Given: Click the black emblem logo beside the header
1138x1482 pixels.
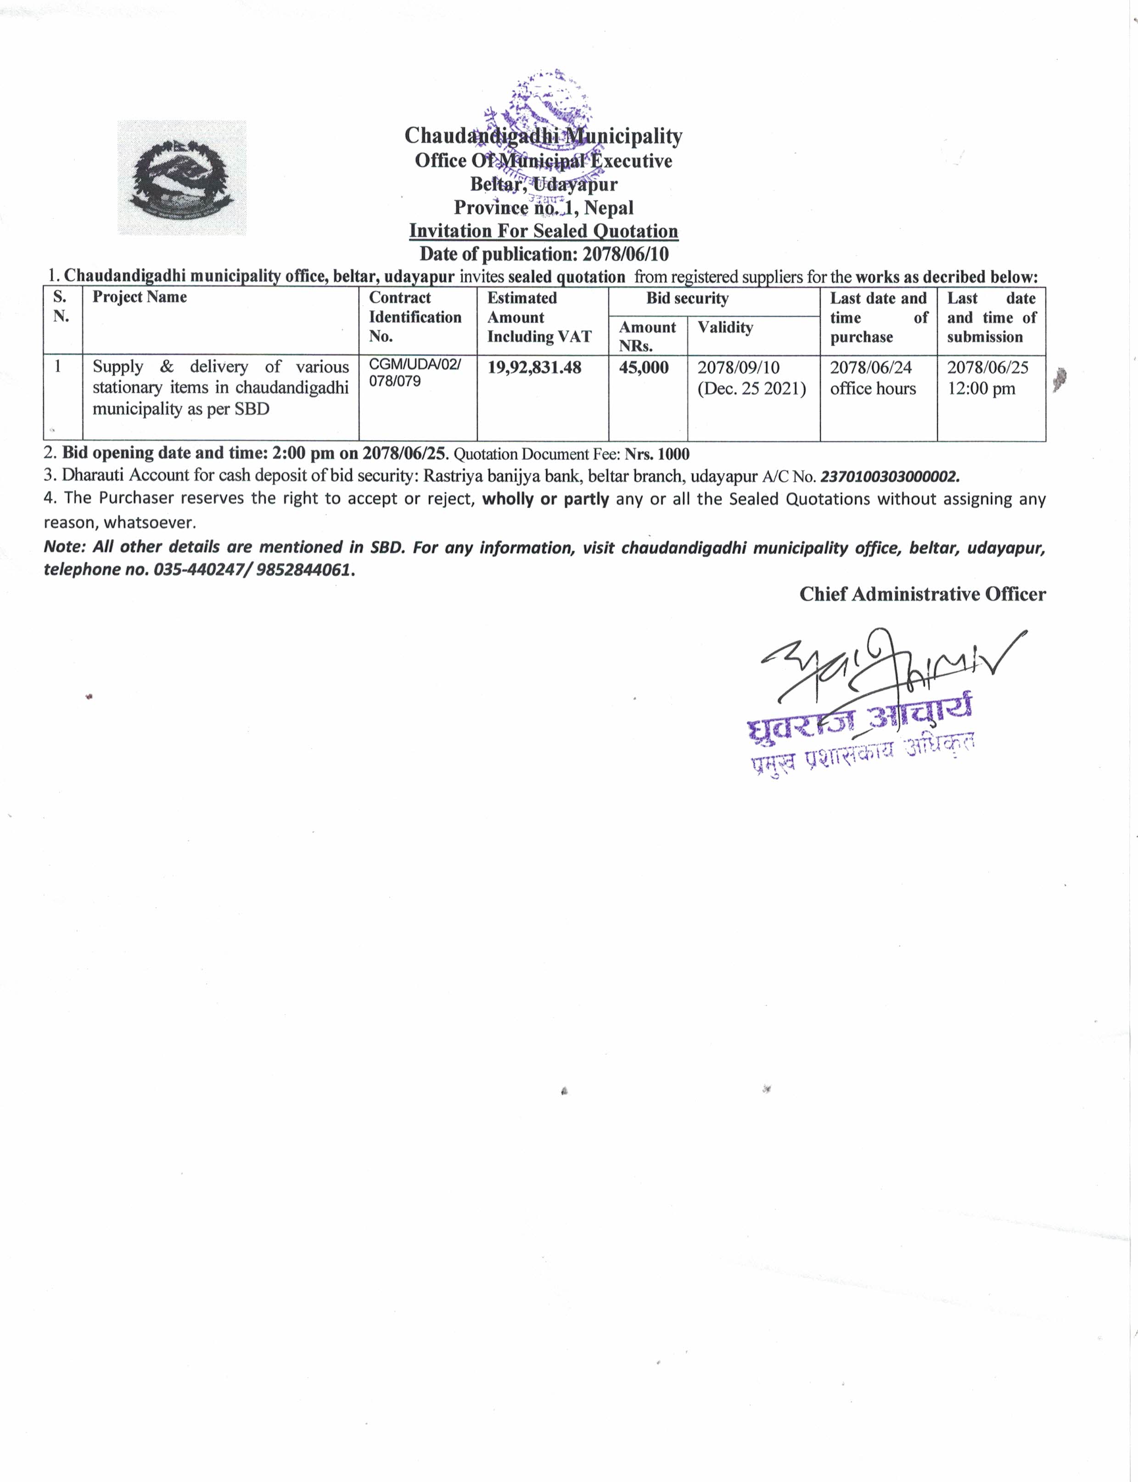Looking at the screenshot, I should point(181,178).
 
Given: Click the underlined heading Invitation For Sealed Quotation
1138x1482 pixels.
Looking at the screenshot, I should point(543,231).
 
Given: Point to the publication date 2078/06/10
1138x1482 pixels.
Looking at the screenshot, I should point(625,254).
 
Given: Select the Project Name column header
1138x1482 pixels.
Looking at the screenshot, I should point(140,297).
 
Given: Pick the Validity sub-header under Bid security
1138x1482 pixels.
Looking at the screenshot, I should point(725,328).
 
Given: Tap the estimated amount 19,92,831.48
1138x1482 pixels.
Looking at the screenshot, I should point(534,368).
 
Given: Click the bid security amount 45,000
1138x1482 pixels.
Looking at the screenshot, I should point(644,368).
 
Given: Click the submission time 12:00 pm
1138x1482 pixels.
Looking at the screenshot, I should point(981,389).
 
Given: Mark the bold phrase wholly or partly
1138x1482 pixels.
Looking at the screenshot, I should point(545,499).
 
